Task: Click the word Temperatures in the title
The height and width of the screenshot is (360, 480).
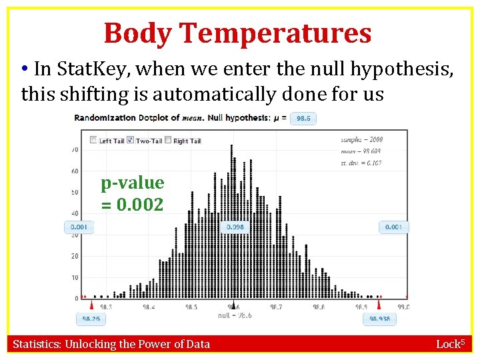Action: coord(275,33)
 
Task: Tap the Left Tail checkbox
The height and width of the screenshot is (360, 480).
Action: coord(93,141)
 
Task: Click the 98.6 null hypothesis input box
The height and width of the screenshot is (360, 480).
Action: coord(304,118)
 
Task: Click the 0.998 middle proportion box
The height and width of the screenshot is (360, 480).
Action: coord(235,227)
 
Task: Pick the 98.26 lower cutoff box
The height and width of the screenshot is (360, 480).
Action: coord(91,319)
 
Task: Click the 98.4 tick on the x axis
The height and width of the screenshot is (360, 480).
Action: coord(147,307)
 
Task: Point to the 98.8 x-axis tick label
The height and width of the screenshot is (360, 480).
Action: coord(319,307)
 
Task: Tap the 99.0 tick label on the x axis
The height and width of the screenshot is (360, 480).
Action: coord(403,307)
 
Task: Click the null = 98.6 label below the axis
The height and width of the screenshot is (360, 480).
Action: coord(234,315)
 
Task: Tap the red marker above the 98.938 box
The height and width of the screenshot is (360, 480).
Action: coord(380,304)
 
